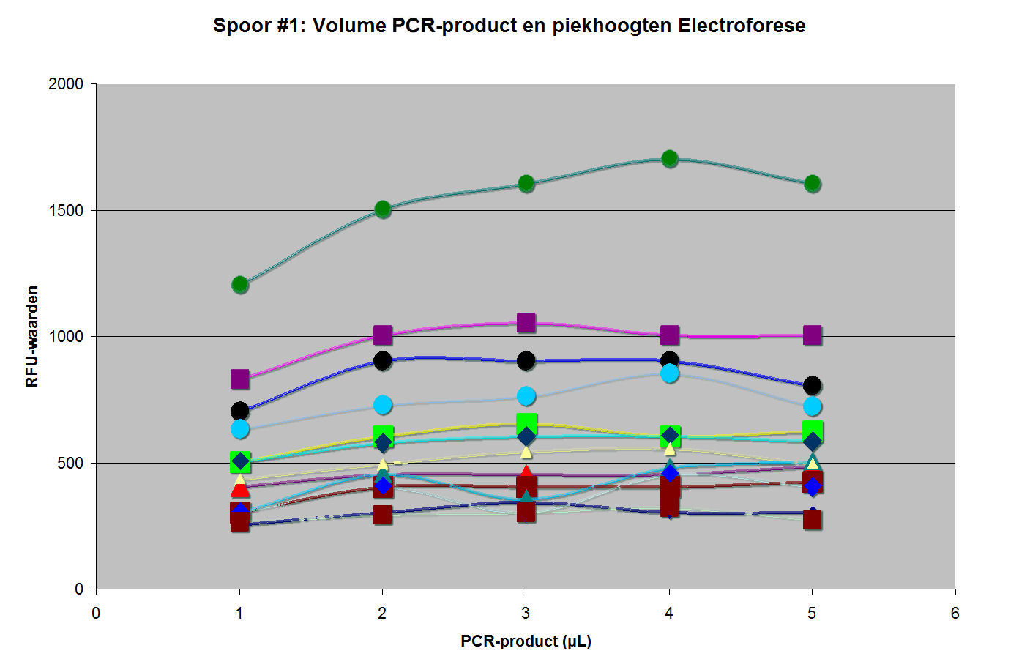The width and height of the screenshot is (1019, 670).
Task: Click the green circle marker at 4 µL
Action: tap(669, 158)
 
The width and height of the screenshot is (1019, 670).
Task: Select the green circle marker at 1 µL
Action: tap(240, 284)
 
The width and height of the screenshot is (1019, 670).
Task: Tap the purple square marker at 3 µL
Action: tap(526, 323)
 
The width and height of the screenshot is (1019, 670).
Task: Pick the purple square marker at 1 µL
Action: tap(240, 379)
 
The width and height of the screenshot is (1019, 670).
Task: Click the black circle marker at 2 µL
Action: tap(383, 360)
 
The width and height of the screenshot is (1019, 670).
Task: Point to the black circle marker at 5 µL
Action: tap(812, 385)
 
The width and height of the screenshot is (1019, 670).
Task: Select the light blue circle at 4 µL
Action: tap(669, 373)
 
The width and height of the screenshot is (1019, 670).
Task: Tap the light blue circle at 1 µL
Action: tap(240, 428)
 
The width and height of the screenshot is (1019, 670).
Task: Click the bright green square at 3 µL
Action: tap(526, 423)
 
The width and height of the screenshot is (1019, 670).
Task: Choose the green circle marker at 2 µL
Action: tap(383, 209)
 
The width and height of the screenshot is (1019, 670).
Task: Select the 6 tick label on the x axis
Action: tap(955, 614)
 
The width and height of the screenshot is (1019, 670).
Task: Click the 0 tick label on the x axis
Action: tap(96, 614)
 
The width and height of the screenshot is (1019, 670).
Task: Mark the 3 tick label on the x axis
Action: tap(526, 614)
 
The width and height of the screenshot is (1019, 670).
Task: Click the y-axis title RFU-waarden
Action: tap(31, 336)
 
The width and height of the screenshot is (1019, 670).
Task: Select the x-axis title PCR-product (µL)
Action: tap(526, 641)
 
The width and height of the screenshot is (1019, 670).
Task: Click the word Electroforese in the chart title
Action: tap(742, 26)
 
